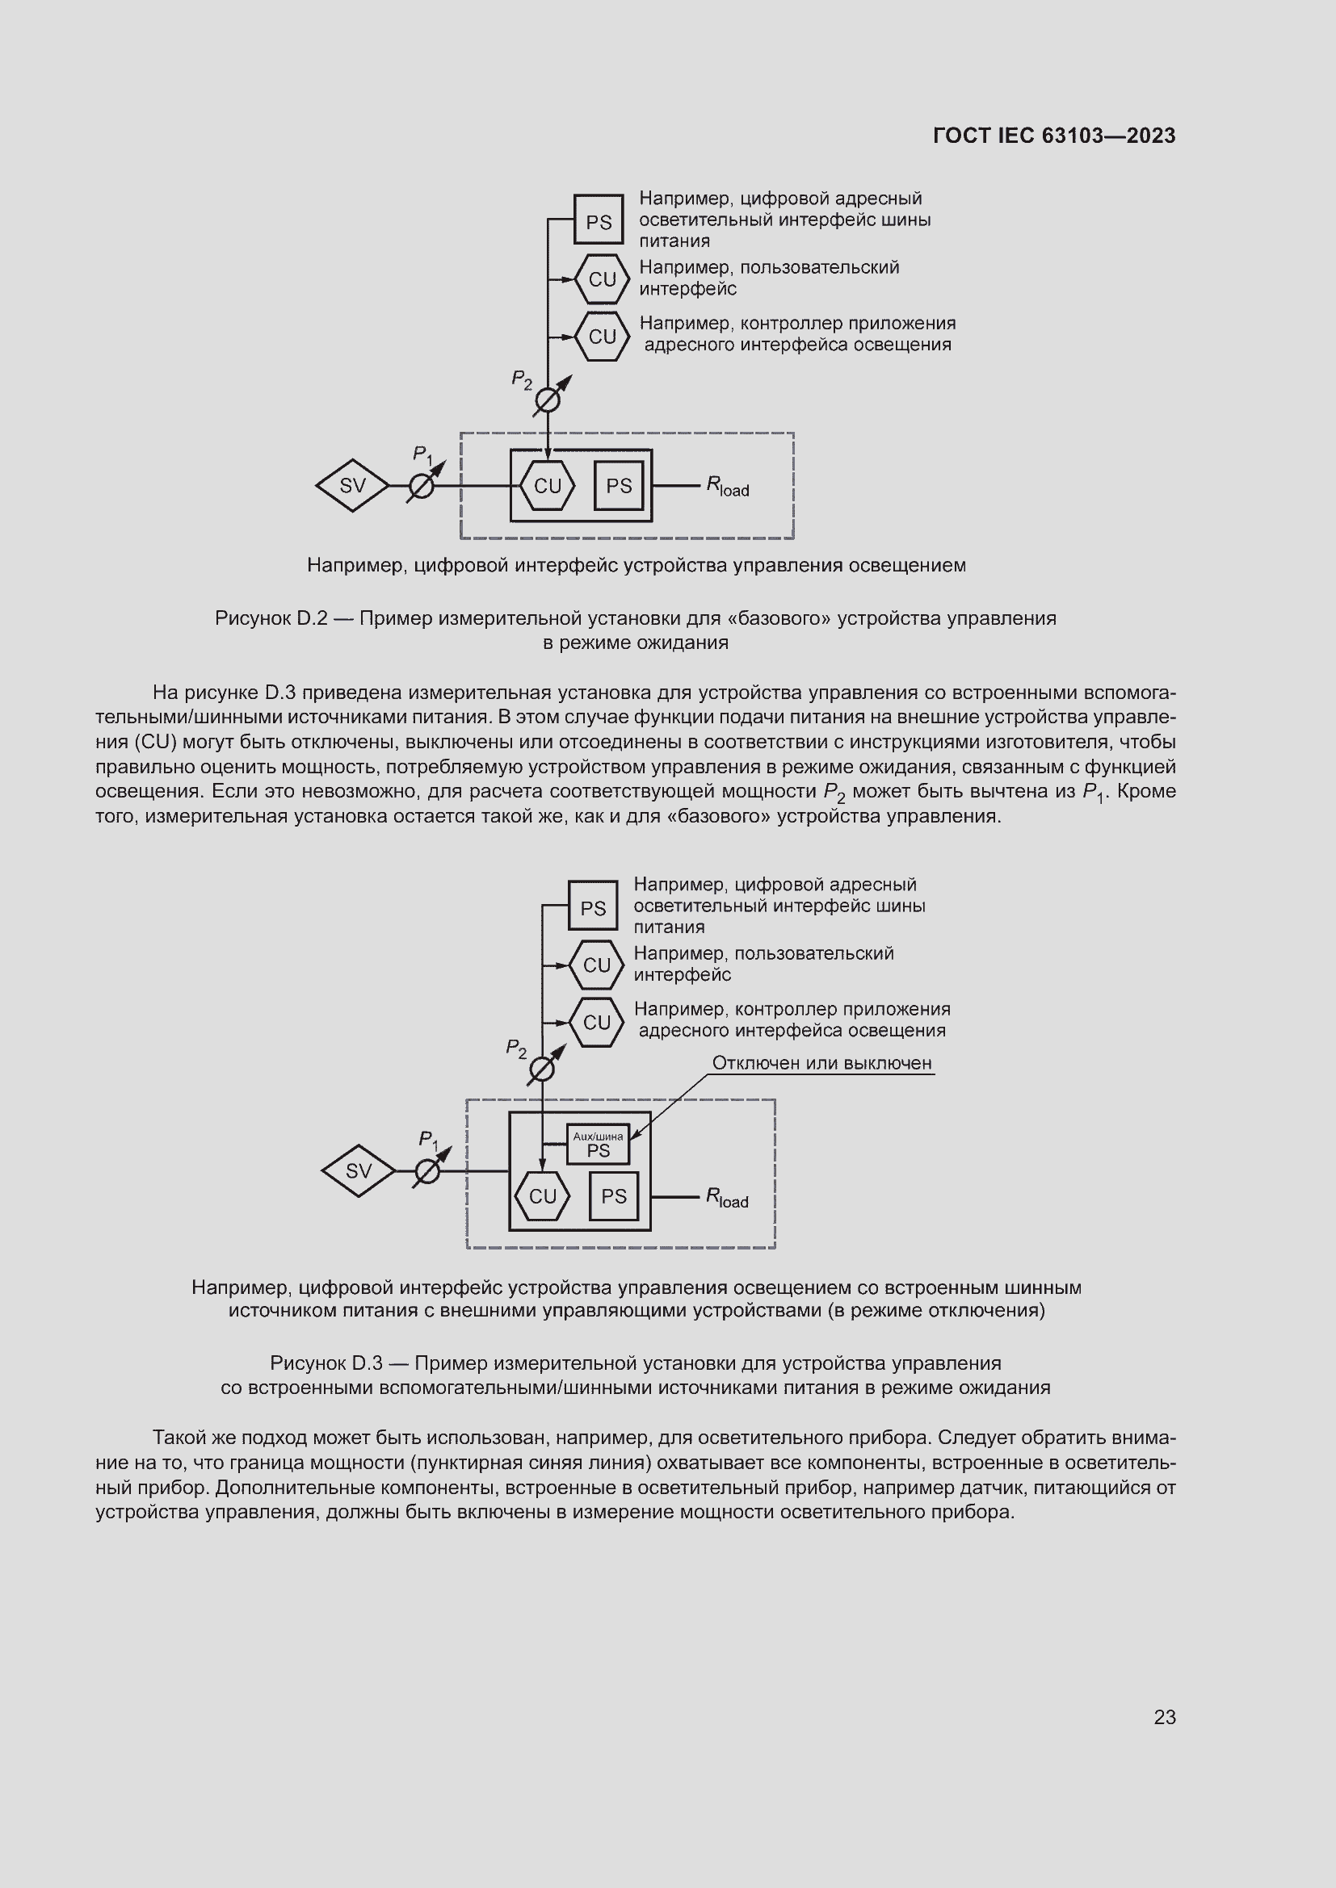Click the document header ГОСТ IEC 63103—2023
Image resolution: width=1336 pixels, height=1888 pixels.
[x=1054, y=136]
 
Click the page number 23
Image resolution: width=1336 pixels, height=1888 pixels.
[x=1164, y=1717]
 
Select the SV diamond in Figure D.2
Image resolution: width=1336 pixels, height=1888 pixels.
[x=352, y=486]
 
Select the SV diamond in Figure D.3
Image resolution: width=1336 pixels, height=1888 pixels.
[x=358, y=1171]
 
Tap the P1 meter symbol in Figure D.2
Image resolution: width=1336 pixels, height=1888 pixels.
[x=421, y=487]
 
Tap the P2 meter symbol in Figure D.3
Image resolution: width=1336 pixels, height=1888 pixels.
[x=541, y=1070]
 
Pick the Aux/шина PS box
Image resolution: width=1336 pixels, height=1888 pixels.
[x=598, y=1145]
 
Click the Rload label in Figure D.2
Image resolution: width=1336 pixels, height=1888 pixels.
[x=727, y=487]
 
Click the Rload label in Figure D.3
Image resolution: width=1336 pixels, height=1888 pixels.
[x=726, y=1198]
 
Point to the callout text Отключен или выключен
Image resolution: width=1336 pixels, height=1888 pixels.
[x=821, y=1063]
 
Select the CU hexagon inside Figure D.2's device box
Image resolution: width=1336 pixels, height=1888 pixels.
[x=547, y=486]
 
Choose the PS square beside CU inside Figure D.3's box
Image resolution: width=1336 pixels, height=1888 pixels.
[x=614, y=1196]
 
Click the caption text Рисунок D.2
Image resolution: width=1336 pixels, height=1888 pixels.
[x=271, y=618]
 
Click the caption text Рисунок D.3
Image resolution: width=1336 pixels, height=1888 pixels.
[x=326, y=1363]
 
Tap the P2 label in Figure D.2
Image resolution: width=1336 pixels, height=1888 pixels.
[x=522, y=380]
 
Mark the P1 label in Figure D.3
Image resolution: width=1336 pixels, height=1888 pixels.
[x=429, y=1140]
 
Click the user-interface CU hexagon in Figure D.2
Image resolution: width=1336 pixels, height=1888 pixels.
[x=603, y=279]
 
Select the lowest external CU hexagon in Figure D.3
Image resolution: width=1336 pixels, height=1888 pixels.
[x=596, y=1022]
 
